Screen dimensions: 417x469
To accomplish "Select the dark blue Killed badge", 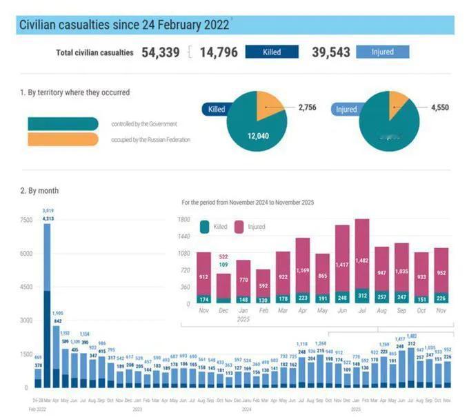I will point(271,52).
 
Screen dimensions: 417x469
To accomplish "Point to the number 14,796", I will point(220,52).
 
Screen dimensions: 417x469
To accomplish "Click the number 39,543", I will point(331,52).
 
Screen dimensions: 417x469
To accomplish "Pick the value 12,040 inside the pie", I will point(257,136).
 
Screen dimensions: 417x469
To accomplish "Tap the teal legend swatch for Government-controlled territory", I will point(63,124).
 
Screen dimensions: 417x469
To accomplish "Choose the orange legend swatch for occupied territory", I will point(63,140).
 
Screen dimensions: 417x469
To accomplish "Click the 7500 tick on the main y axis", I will point(25,220).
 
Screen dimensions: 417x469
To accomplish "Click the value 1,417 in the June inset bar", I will point(342,265).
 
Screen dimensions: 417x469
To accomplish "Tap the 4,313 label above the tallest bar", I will point(48,218).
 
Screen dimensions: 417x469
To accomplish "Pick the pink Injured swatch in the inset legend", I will point(239,226).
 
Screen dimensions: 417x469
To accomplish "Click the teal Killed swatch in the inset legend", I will point(204,226).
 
